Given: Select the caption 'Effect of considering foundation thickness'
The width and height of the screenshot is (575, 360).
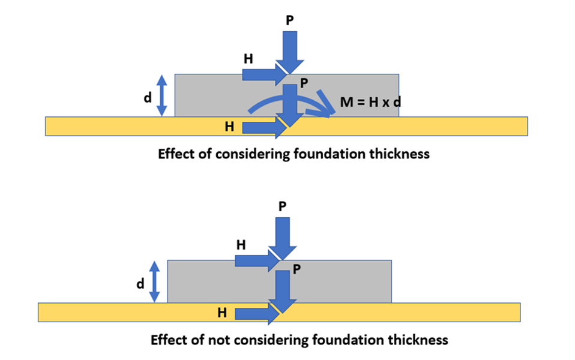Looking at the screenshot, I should [294, 154].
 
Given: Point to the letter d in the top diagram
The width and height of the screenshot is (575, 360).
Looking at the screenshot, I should [147, 97].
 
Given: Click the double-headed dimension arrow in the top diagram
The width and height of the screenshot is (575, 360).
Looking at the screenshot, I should [161, 95].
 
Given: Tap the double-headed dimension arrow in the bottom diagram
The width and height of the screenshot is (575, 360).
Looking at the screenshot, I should [154, 281].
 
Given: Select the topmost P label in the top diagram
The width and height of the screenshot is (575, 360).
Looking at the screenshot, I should [291, 19].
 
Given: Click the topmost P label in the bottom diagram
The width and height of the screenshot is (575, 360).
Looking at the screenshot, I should [283, 206].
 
